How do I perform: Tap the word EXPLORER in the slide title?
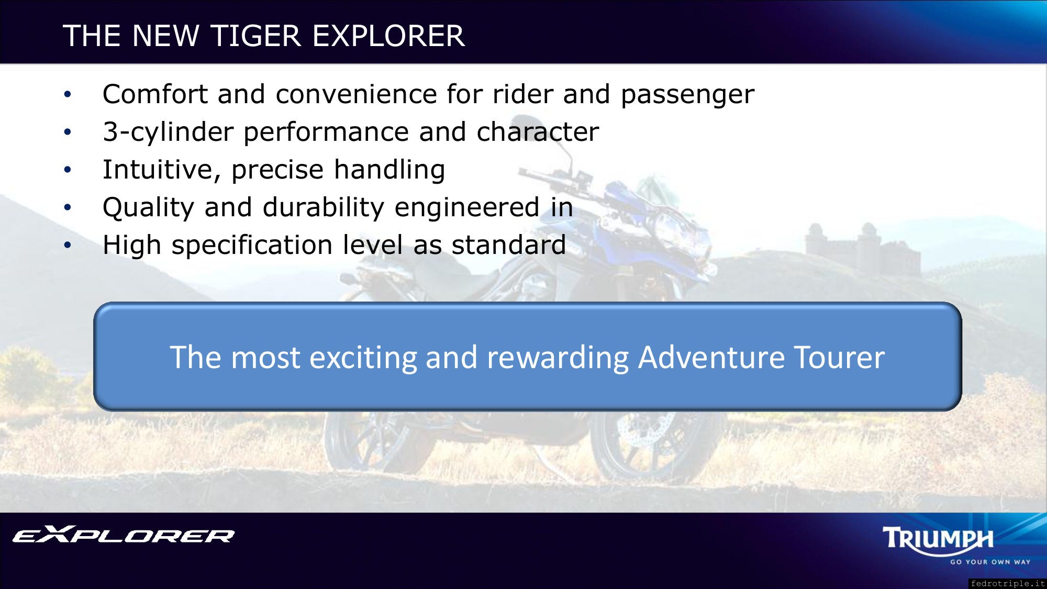[x=388, y=36]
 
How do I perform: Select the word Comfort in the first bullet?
[x=155, y=94]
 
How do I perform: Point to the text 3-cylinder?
[x=169, y=132]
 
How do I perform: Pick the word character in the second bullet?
[x=538, y=132]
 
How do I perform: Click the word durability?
[x=324, y=208]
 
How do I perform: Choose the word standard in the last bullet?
[x=508, y=245]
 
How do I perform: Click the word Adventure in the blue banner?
[x=711, y=357]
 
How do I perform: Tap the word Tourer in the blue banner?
[x=839, y=358]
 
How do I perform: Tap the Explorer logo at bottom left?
[x=124, y=535]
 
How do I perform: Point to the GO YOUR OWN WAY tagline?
[x=990, y=562]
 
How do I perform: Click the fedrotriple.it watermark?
[x=1007, y=583]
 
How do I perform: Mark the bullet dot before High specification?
[x=67, y=245]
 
